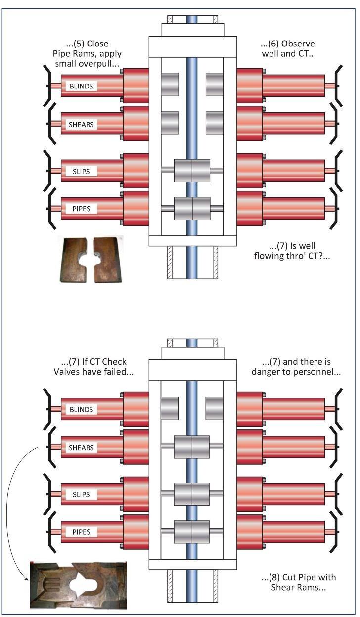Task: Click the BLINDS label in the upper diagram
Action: (81, 86)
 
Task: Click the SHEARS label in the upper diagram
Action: (81, 125)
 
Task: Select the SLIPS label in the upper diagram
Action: (81, 171)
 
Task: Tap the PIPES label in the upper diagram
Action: (81, 209)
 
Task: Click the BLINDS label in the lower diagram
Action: (81, 409)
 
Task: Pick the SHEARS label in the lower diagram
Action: (81, 448)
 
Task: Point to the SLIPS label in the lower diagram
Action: (81, 494)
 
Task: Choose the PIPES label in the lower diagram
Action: (81, 532)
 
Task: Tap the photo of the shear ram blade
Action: (78, 585)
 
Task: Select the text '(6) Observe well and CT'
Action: (287, 48)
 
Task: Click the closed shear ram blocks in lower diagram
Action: (192, 447)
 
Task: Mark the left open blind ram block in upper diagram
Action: (170, 85)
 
